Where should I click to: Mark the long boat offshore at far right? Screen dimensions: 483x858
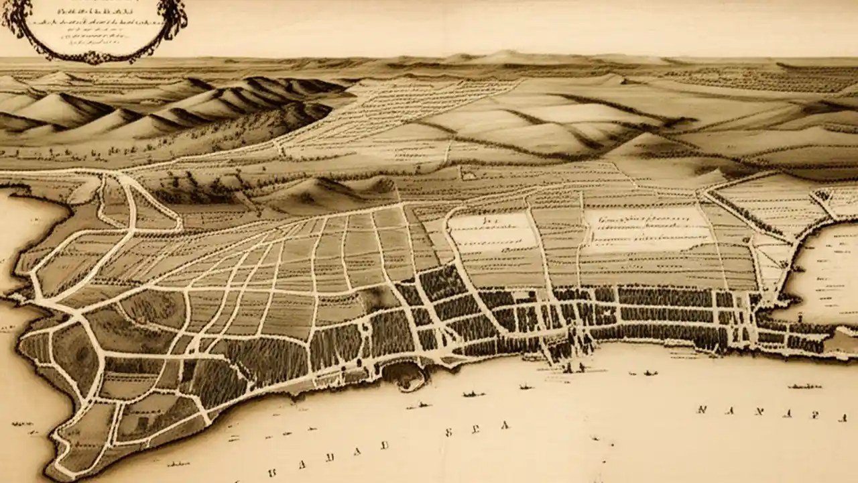tap(804, 386)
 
